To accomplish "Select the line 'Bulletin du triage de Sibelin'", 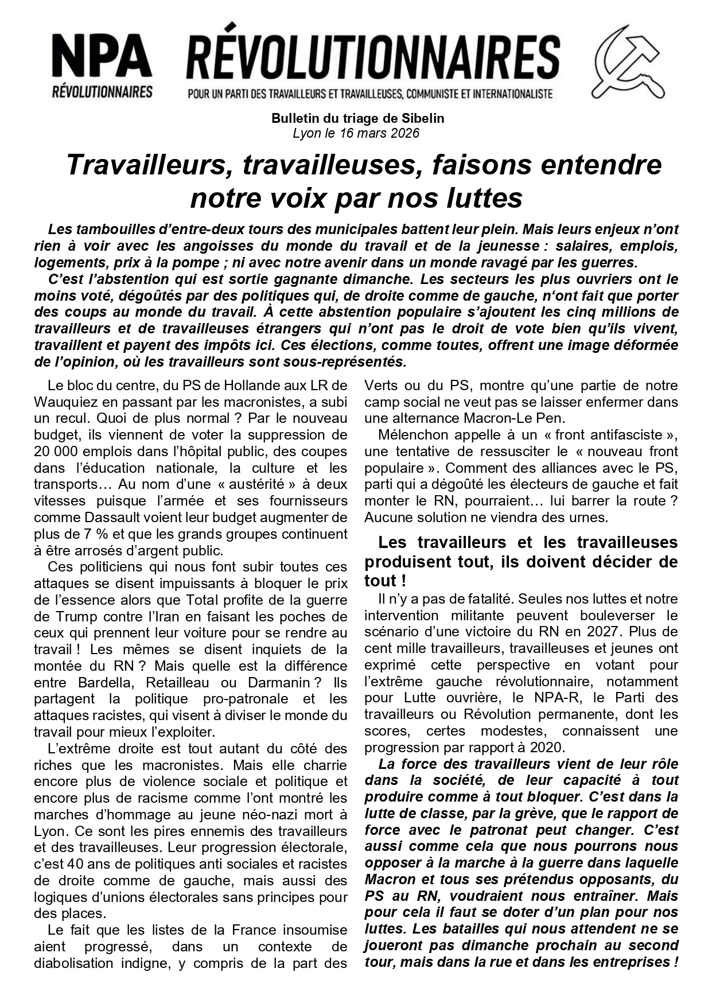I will coord(357,119).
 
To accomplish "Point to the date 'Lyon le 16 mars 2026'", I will coord(356,134).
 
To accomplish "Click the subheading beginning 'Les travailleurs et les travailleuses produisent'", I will coord(521,561).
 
